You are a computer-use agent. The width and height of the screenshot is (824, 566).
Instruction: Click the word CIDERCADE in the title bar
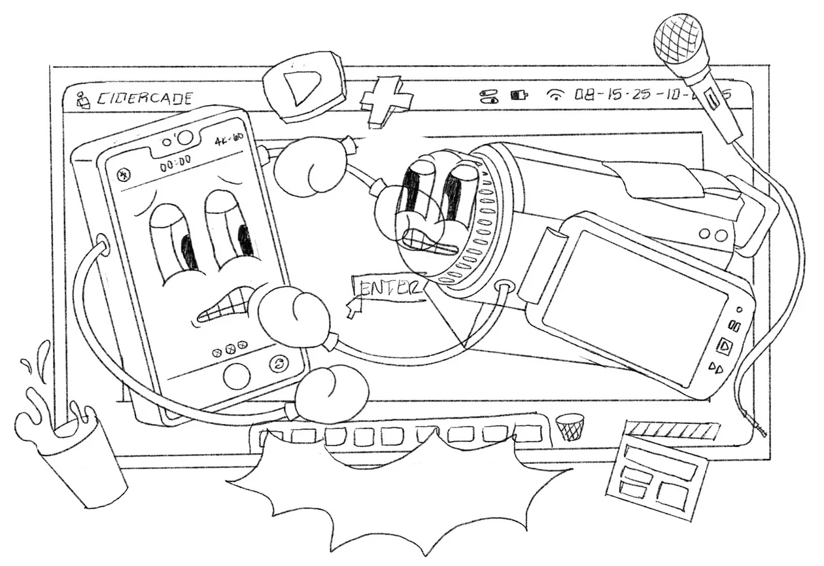[145, 99]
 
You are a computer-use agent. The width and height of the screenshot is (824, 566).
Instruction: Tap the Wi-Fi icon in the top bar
[555, 96]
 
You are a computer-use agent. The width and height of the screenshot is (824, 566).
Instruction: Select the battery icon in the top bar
[519, 96]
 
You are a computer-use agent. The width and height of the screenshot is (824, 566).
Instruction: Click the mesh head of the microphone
[679, 39]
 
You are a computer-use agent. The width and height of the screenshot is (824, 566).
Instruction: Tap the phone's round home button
[236, 376]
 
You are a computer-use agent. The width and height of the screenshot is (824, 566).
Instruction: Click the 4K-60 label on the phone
[228, 141]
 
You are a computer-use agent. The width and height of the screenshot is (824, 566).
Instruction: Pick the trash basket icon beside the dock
[570, 426]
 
